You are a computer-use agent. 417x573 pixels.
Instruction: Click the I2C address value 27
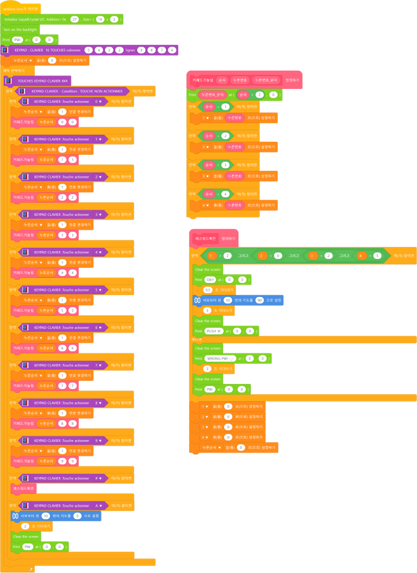pos(74,19)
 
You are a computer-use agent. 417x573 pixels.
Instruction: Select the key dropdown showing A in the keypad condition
pos(99,506)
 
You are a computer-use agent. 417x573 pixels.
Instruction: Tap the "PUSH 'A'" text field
pos(214,331)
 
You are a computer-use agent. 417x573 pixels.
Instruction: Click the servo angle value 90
pos(260,300)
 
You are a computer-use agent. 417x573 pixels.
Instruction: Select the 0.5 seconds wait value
pos(207,290)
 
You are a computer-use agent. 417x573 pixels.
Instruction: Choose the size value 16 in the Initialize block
pos(99,19)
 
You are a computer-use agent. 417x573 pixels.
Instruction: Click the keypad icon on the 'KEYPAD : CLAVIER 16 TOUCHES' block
pos(6,50)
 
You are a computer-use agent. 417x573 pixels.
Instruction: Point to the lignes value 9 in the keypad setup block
pos(141,50)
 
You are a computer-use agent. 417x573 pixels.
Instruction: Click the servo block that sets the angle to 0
pos(56,516)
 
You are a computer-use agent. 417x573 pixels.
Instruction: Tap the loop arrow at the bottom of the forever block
pos(30,569)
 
